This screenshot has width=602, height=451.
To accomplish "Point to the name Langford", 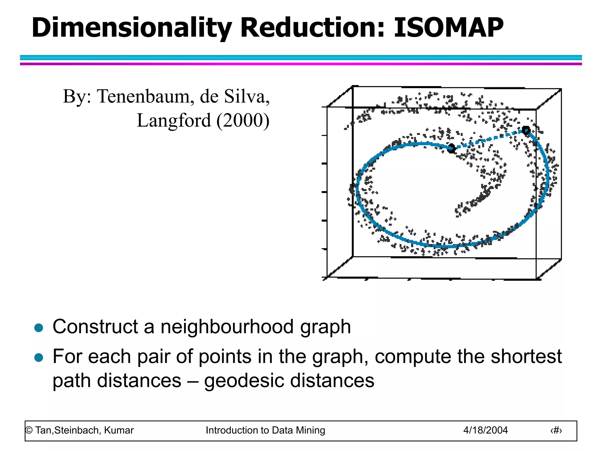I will point(174,120).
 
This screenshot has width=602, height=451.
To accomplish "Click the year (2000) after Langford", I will point(243,120).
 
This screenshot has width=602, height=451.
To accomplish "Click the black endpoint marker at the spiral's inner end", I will point(451,148).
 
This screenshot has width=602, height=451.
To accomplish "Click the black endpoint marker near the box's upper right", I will point(526,130).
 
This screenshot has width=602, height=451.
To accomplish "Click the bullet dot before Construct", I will point(39,327).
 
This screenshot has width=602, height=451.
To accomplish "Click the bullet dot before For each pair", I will point(39,357).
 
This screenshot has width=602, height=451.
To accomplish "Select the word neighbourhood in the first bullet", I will point(227,327).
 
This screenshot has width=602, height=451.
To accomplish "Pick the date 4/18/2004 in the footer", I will point(485,430).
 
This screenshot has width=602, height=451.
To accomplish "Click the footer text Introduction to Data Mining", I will point(265,430).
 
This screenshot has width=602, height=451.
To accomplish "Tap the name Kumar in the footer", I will point(119,430).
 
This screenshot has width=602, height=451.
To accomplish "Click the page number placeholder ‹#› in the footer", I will point(556,430).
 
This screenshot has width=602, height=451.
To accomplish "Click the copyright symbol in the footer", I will point(29,430).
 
